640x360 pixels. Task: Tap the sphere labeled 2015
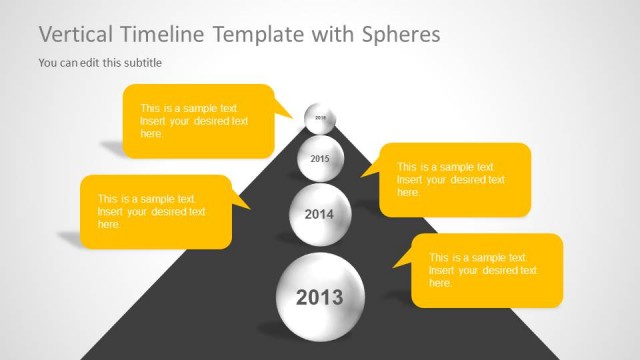319,158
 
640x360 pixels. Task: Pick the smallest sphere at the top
320,118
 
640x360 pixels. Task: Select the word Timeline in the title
164,35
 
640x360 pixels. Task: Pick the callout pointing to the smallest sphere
195,120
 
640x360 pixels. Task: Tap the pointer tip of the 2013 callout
394,267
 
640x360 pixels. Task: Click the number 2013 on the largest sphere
319,297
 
